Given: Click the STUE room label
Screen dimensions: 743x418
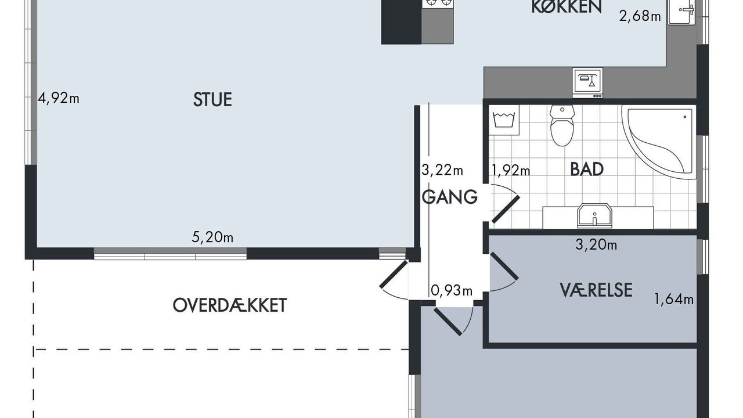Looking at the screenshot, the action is [212, 99].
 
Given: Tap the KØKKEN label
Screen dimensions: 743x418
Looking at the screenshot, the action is [567, 6].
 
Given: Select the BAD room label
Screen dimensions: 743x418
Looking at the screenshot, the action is [587, 169].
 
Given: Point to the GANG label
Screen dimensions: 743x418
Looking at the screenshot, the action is [450, 197].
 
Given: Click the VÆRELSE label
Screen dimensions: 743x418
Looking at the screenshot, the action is [596, 290].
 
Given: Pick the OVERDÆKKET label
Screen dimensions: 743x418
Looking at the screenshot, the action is [230, 305].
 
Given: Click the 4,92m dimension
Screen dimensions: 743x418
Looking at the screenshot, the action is [59, 98].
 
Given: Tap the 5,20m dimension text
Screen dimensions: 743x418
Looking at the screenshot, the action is [212, 237].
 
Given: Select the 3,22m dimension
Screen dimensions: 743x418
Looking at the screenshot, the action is [442, 170].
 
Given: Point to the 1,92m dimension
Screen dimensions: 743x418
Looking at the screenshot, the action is [511, 171].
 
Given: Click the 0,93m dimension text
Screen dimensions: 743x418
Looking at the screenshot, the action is [452, 291].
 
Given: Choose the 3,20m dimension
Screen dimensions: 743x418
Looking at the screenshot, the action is [596, 245].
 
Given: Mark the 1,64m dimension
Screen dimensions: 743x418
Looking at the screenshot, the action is [674, 299].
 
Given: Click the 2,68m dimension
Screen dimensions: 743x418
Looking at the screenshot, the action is [640, 16].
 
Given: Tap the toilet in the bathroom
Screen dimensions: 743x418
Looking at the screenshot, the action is [562, 125].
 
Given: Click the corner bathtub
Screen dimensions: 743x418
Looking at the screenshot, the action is [659, 142].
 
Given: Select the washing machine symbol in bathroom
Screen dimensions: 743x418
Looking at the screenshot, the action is [504, 120].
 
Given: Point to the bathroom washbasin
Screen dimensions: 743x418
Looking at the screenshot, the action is [594, 215].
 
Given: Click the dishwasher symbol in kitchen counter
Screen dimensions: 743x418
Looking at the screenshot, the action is [587, 83].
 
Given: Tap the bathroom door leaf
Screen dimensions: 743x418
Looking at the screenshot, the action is [506, 210].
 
